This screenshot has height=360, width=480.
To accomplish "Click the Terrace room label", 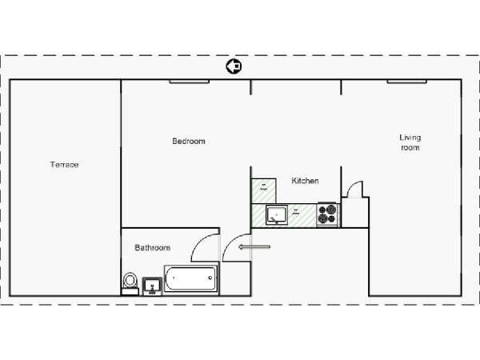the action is [x=64, y=165].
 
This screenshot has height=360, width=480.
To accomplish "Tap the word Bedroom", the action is [x=189, y=141].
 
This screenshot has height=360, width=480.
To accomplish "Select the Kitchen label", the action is [x=305, y=181].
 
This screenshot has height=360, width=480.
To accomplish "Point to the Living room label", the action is [x=410, y=142].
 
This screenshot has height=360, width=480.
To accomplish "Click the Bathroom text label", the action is [x=153, y=247].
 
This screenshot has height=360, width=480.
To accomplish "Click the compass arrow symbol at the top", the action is [x=234, y=66].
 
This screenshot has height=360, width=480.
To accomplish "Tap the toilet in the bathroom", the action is [x=130, y=283].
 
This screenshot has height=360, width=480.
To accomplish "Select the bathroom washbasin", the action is [x=152, y=286].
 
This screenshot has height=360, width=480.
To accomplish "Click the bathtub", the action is [x=191, y=278].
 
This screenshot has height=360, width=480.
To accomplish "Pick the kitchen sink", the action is [x=277, y=214].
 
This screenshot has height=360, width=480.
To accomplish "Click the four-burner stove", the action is [x=327, y=214].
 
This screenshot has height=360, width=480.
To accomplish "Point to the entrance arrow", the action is [x=254, y=246].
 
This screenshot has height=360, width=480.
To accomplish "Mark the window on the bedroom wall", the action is [x=190, y=82].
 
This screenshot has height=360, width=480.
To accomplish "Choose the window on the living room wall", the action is [x=407, y=82].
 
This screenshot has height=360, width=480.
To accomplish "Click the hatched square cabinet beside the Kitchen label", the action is [x=263, y=190].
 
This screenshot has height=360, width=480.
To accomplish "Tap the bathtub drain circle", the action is [x=210, y=278].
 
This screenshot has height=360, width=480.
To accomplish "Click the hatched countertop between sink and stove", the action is [x=302, y=215].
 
